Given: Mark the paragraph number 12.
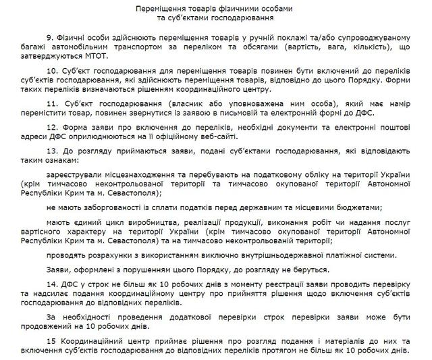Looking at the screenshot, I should click(51, 126).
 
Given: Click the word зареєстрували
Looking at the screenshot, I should click(72, 173).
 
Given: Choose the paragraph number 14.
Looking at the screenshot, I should click(51, 284).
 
